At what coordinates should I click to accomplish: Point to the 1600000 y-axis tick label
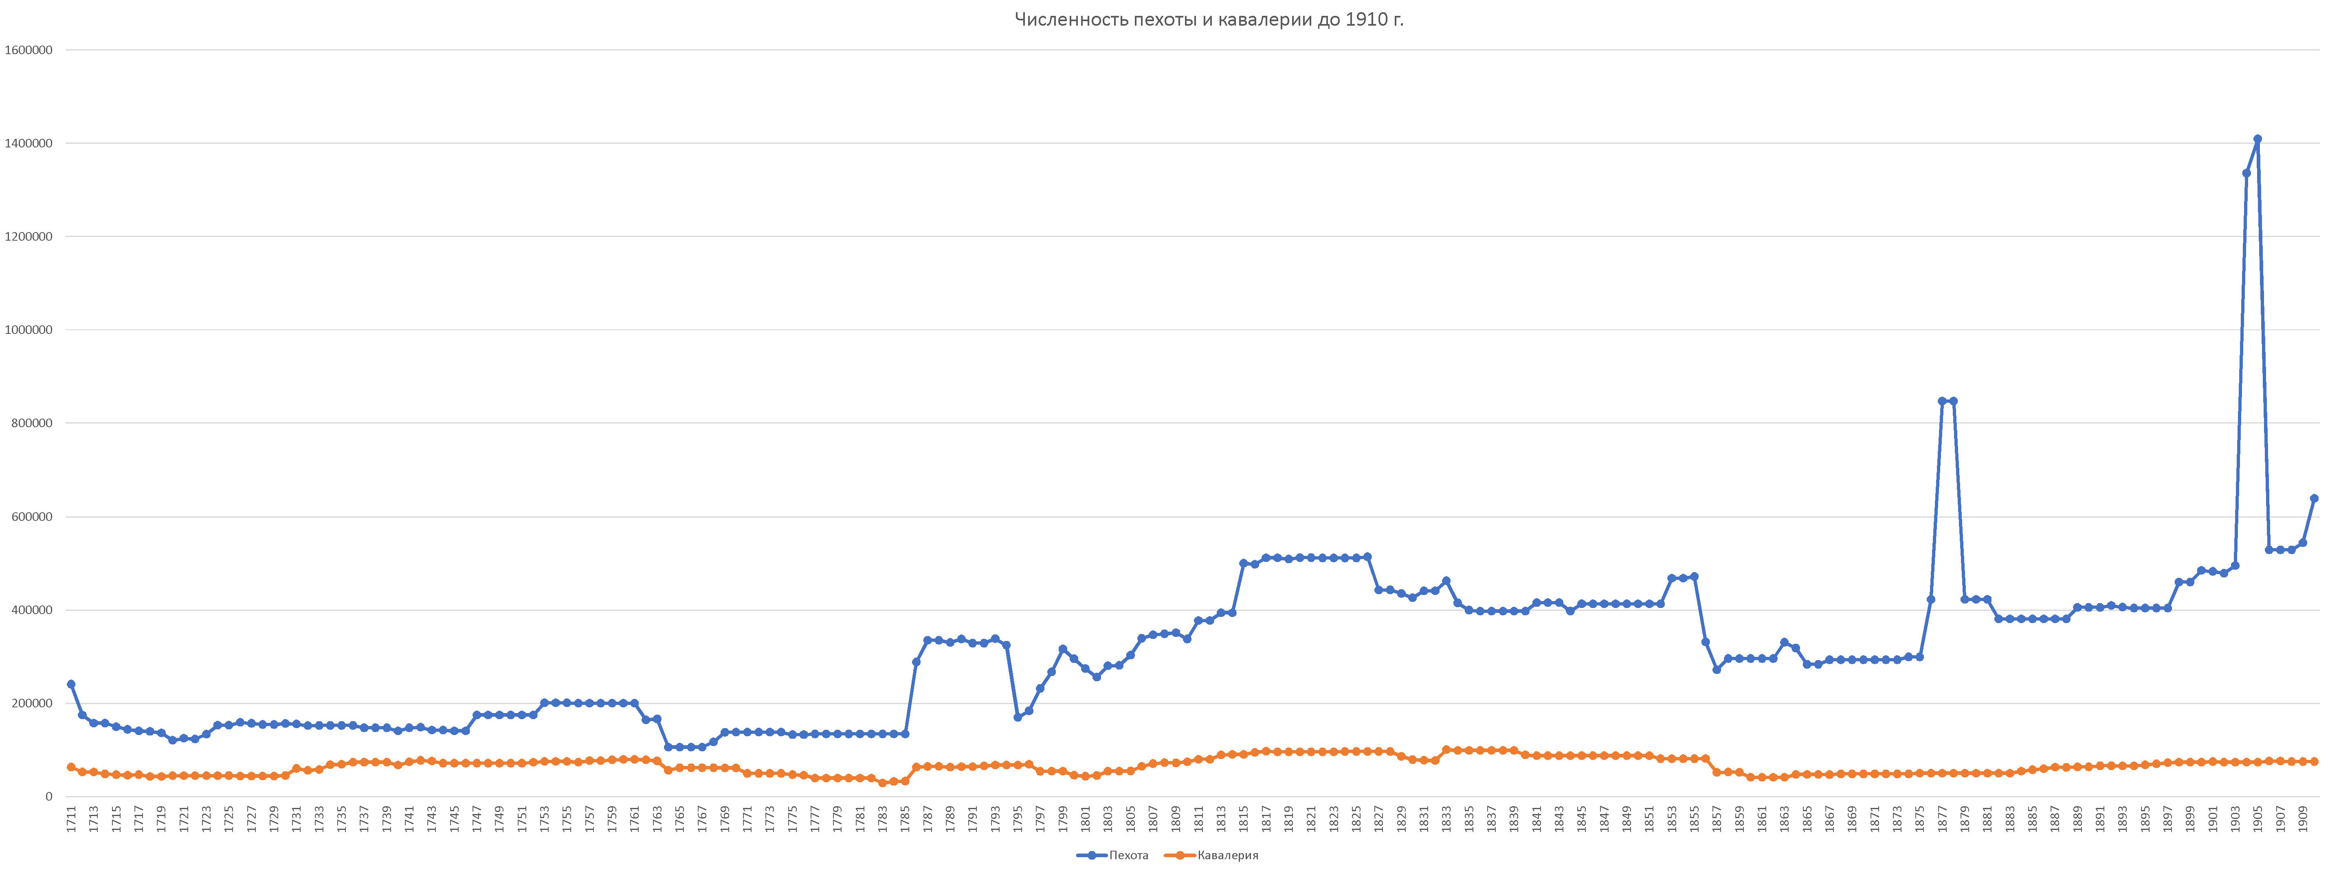click(28, 50)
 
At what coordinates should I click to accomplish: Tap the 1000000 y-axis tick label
click(28, 330)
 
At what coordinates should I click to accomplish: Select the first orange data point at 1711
click(70, 767)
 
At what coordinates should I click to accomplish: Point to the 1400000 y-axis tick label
click(28, 144)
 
